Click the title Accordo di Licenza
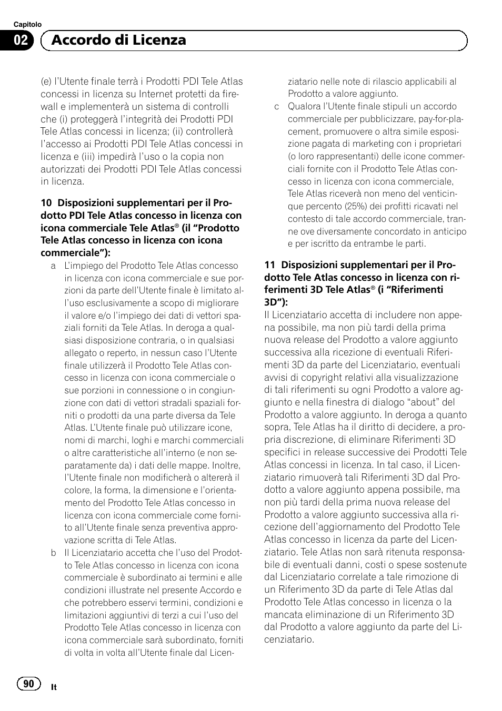pos(120,40)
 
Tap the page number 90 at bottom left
pos(28,683)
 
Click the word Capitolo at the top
pos(27,24)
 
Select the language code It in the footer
pos(54,687)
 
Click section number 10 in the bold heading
pos(46,203)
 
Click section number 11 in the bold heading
pos(269,265)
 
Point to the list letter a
pos(53,266)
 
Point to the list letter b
pos(53,553)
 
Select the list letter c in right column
pos(276,107)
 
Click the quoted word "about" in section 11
pos(419,402)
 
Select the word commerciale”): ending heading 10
pos(75,253)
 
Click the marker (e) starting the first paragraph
pos(46,82)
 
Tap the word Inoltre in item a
pos(227,465)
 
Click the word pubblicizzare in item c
pos(412,119)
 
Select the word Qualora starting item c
pos(305,107)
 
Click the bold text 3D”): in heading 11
pos(276,302)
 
